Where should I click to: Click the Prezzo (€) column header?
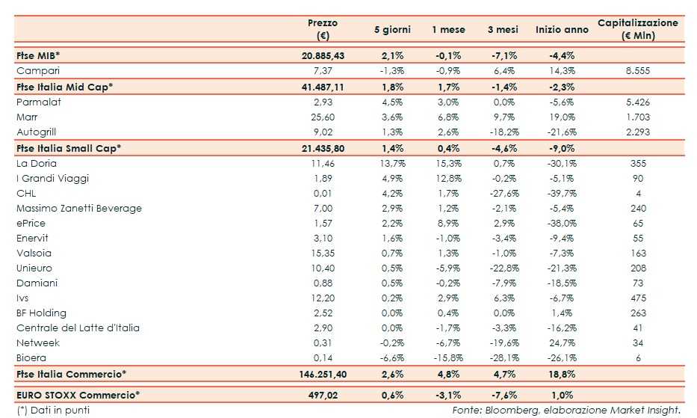pyautogui.click(x=323, y=29)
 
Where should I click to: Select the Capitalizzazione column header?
pyautogui.click(x=638, y=29)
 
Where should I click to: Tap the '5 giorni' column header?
pyautogui.click(x=392, y=30)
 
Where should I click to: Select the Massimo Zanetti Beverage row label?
pyautogui.click(x=78, y=208)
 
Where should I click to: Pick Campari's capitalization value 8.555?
pyautogui.click(x=639, y=70)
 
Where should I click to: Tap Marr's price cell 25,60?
pyautogui.click(x=322, y=117)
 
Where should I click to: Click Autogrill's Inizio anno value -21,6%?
pyautogui.click(x=556, y=132)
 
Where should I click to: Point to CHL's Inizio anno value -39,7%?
pyautogui.click(x=556, y=193)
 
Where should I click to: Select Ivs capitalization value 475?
pyautogui.click(x=639, y=298)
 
